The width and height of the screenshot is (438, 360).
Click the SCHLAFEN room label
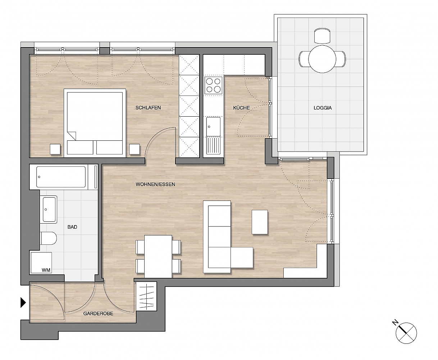(148, 108)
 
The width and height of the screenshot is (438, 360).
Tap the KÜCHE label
(241, 108)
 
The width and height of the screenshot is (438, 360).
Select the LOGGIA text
(323, 108)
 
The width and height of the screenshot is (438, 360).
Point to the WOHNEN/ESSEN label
(155, 184)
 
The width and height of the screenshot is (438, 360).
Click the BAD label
(72, 227)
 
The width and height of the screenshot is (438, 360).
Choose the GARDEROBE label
(98, 314)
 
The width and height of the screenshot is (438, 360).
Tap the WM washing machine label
(46, 270)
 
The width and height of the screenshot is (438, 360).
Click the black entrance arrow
(23, 302)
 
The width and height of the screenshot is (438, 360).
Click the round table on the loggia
(322, 59)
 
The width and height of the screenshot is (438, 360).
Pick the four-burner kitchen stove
(213, 85)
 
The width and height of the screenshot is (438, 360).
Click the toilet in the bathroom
(49, 238)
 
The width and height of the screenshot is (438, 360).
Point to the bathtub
(61, 177)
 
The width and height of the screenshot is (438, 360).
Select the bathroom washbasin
(49, 210)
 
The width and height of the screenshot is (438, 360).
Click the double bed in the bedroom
(95, 122)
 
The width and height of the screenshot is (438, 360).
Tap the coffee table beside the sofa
(260, 222)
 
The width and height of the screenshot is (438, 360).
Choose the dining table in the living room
(158, 256)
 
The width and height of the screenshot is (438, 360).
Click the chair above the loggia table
(322, 36)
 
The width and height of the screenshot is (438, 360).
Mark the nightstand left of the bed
(55, 149)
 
